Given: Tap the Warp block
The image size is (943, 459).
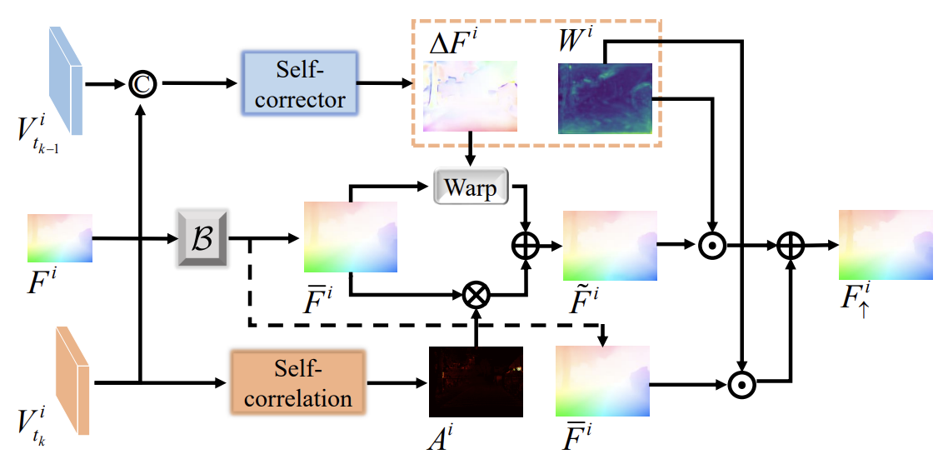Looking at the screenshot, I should (471, 187).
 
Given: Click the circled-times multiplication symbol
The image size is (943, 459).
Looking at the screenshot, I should (476, 293).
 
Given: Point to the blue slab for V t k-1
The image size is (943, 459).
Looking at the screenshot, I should (66, 80).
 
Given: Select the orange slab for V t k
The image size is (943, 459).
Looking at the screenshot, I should (72, 382).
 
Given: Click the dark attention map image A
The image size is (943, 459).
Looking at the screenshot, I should (476, 382).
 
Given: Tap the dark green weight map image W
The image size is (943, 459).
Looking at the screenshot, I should (606, 97).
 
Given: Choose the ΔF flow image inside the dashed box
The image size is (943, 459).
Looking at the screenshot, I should (470, 96).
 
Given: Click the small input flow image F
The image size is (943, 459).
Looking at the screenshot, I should (59, 239).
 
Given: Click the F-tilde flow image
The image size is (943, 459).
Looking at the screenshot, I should (610, 246).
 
